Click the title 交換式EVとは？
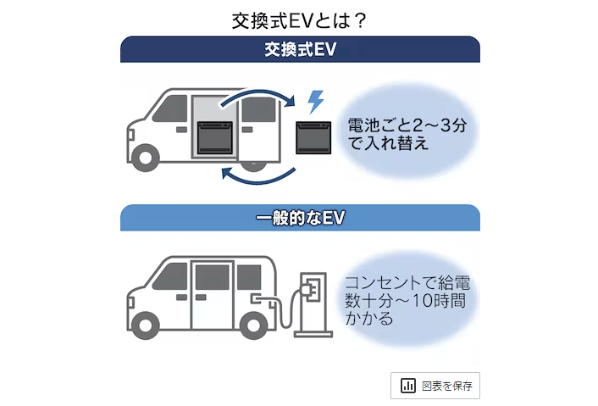click(299, 19)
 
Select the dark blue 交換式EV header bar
click(300, 49)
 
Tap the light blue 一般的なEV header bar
click(300, 218)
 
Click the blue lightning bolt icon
click(315, 102)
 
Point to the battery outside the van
click(318, 136)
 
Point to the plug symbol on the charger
click(311, 288)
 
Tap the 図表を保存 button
click(435, 386)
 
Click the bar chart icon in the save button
click(408, 386)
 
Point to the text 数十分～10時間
click(404, 301)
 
